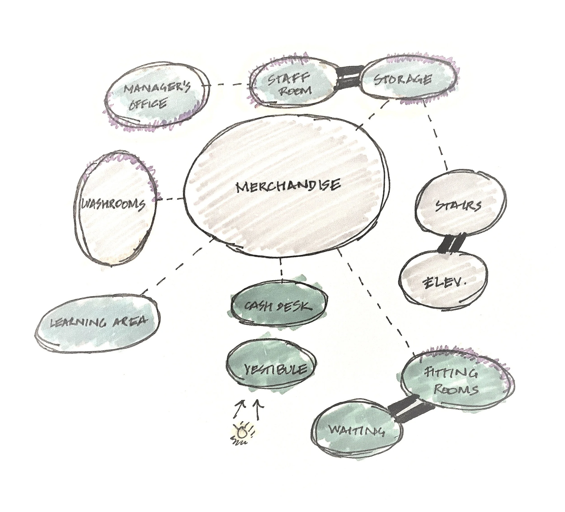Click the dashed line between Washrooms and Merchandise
tap(170, 199)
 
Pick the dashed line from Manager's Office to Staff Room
tap(230, 84)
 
